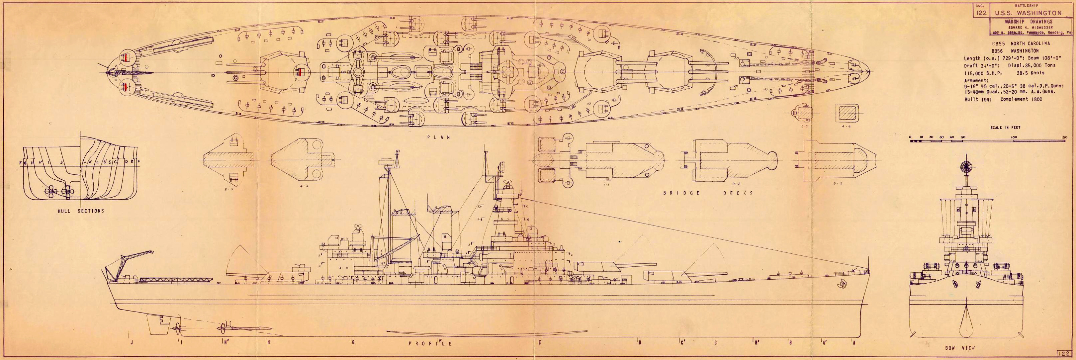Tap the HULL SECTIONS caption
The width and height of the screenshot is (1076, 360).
[x=81, y=211]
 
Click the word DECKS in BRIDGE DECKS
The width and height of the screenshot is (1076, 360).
[x=739, y=193]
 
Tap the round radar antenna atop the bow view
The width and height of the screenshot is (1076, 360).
[x=965, y=166]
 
